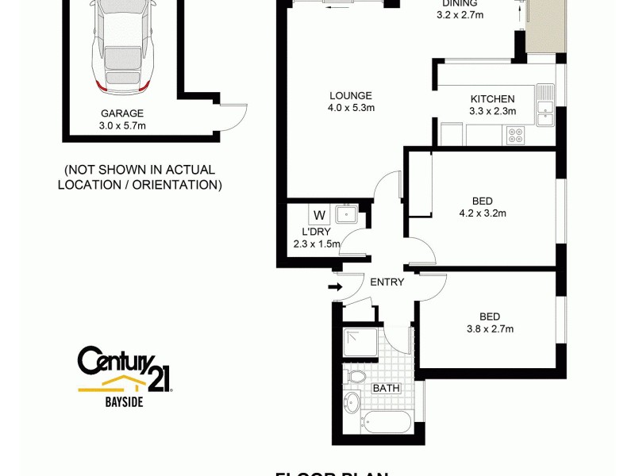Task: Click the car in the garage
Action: [121, 44]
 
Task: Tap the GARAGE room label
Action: [122, 113]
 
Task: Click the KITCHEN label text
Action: [493, 98]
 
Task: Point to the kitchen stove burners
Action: [515, 135]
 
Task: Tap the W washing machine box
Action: [319, 215]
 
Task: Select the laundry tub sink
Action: [348, 214]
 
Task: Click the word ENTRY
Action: [387, 282]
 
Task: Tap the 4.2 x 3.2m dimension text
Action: [483, 213]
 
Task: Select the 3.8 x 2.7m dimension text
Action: [490, 329]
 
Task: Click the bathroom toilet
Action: [356, 375]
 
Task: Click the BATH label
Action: [387, 388]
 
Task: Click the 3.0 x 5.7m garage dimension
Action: [122, 125]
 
